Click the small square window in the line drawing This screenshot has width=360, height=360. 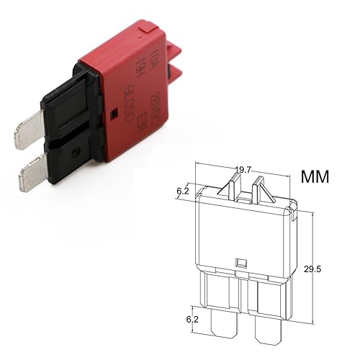pos(241,263)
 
